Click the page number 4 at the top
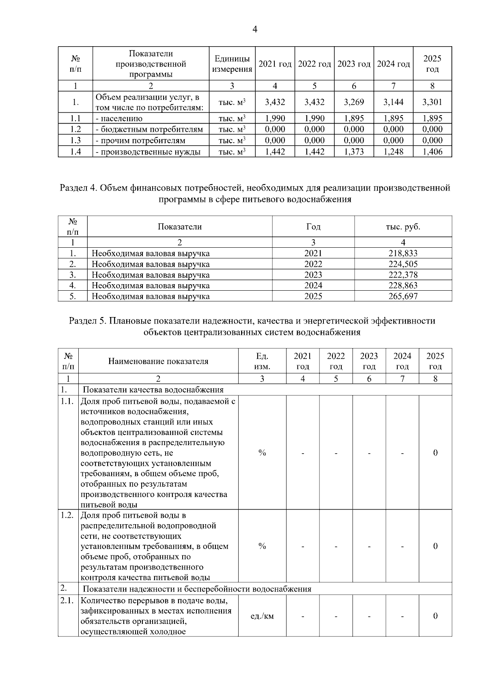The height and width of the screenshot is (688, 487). pos(254,29)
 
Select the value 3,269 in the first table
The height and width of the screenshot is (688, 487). pos(353,102)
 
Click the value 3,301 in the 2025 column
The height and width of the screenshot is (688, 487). pos(432,102)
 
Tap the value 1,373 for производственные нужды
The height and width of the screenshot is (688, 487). pos(353,152)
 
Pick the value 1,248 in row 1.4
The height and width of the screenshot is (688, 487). pos(393,152)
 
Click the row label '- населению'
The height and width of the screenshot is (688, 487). pos(119,119)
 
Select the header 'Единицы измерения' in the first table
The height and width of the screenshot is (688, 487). pos(232,64)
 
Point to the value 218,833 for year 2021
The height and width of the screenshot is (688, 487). pos(403,253)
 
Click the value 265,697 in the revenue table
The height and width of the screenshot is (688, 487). pos(403,296)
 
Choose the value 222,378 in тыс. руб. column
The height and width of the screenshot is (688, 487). pos(403,275)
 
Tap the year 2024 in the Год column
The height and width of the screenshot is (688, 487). pos(313,285)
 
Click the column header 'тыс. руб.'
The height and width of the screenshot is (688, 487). pos(403,227)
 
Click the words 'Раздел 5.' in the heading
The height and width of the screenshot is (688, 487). pos(87,321)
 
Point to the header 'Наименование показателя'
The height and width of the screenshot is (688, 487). pos(158,361)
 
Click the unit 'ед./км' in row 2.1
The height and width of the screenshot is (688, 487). pos(262,616)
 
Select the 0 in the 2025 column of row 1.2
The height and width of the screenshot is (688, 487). pos(435,546)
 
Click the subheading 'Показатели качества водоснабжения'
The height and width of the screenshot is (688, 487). pos(153,390)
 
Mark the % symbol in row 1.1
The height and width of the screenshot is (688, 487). pos(262,453)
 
